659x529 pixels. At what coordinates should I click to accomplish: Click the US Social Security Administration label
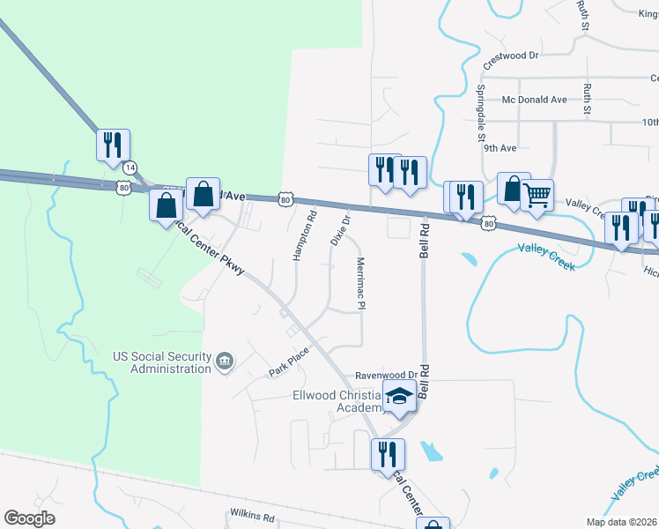pos(162,362)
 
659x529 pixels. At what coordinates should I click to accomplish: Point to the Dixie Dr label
pos(341,228)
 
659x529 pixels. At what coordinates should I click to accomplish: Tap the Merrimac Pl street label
pos(360,283)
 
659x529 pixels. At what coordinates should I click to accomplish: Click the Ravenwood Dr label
pos(385,374)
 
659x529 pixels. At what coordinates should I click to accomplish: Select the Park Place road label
pos(289,362)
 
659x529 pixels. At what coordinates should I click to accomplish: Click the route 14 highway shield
pos(130,167)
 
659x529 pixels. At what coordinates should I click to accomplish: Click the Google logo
pos(29,518)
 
